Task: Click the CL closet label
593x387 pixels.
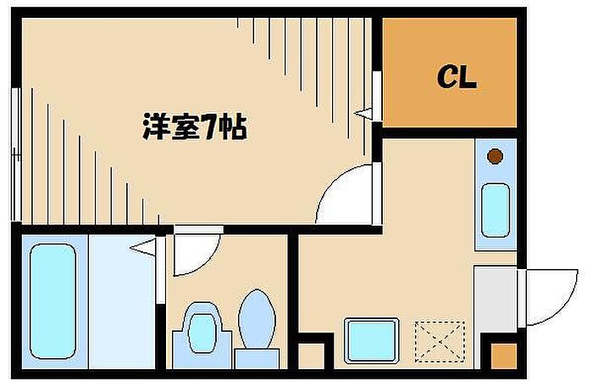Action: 457,77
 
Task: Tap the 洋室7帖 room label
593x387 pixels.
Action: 195,126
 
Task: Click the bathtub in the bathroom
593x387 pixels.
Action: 53,301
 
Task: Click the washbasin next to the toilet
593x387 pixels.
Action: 202,328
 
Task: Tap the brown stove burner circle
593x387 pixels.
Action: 495,156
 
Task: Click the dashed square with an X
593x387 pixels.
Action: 440,341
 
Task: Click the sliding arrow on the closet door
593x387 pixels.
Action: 363,113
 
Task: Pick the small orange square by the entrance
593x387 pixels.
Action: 504,356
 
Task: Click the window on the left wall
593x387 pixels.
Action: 16,154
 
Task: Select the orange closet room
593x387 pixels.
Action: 450,73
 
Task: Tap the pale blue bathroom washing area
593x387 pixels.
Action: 122,301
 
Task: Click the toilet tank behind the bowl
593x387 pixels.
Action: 258,359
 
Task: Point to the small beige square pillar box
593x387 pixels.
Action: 311,356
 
